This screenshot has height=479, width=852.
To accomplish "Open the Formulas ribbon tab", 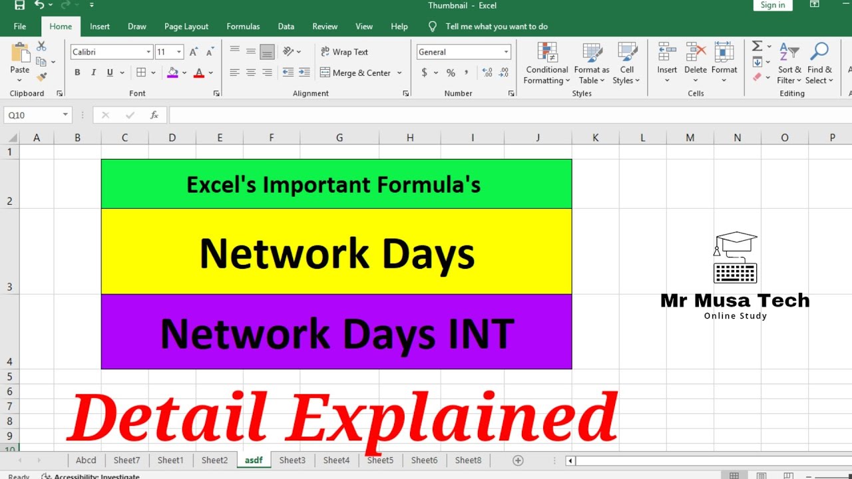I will pyautogui.click(x=243, y=27).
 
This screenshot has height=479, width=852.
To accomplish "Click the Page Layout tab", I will pyautogui.click(x=186, y=27).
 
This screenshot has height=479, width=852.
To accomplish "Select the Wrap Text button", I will pyautogui.click(x=344, y=52).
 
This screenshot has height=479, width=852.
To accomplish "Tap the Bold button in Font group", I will pyautogui.click(x=77, y=73).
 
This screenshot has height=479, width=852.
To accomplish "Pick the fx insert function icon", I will pyautogui.click(x=154, y=115).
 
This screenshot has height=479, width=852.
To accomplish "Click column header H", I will pyautogui.click(x=410, y=138).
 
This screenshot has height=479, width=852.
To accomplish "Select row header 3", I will pyautogui.click(x=9, y=251).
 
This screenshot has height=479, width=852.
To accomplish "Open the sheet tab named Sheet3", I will pyautogui.click(x=292, y=460).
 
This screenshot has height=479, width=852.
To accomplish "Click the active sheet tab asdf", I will pyautogui.click(x=254, y=460).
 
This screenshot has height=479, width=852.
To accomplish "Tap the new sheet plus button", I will pyautogui.click(x=518, y=460).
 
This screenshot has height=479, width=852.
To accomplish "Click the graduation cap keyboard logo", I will pyautogui.click(x=735, y=258).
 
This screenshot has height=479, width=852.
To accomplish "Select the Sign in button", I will pyautogui.click(x=772, y=5).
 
